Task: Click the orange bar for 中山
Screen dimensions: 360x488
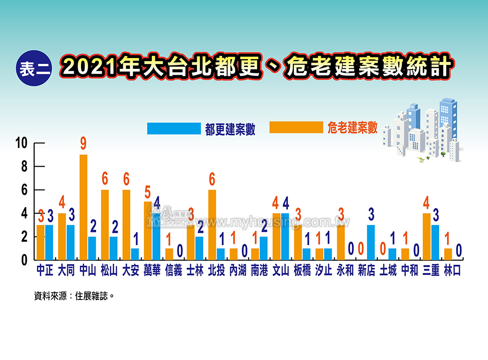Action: [x=83, y=208]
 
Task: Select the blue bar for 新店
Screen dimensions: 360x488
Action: [x=370, y=243]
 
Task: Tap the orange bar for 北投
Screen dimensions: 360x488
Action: [x=212, y=225]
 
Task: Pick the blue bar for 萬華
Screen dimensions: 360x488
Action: [x=156, y=237]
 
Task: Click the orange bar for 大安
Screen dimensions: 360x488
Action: [x=126, y=225]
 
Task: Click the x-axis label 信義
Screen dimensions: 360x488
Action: [x=174, y=270]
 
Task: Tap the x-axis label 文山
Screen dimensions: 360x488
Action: [x=281, y=270]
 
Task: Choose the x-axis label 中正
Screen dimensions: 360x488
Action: [x=45, y=270]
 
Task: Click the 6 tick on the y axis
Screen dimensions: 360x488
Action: [x=23, y=190]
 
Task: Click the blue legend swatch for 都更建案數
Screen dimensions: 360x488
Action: [x=174, y=128]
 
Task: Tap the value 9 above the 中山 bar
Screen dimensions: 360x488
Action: [x=83, y=144]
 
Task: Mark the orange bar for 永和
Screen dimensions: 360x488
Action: [x=341, y=243]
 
